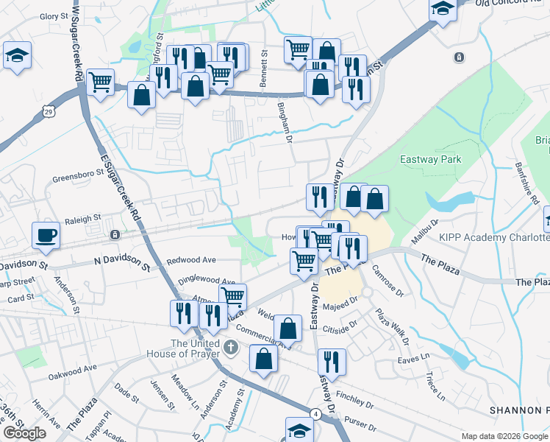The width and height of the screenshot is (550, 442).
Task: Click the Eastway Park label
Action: click(x=429, y=158)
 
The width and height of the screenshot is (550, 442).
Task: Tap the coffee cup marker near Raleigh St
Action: click(x=46, y=234)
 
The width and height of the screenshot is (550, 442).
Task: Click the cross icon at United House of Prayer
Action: click(x=231, y=346)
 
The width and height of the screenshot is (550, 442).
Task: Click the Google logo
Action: click(x=24, y=433)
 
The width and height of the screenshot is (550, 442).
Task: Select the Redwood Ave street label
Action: click(x=191, y=260)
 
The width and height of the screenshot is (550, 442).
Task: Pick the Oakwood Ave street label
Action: click(x=73, y=368)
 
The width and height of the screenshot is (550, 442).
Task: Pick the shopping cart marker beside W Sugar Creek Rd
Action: click(x=100, y=81)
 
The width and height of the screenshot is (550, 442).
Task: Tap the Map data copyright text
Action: click(x=504, y=436)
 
